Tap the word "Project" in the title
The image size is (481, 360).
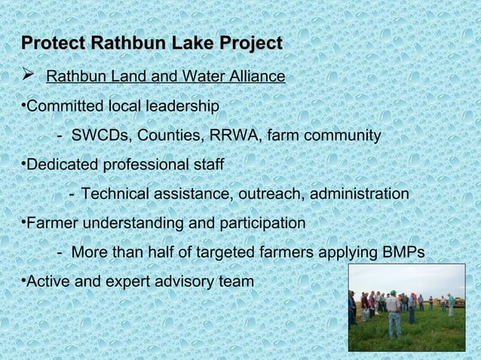(x=248, y=43)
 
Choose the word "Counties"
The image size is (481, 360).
(x=167, y=136)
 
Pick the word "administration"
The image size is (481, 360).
(x=357, y=194)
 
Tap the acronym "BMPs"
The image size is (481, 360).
(x=403, y=252)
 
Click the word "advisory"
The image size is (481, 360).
(x=186, y=282)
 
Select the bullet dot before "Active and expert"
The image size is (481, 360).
(x=24, y=282)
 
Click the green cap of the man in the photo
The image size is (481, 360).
(x=392, y=292)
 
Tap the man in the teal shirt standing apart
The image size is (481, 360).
(x=451, y=304)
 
